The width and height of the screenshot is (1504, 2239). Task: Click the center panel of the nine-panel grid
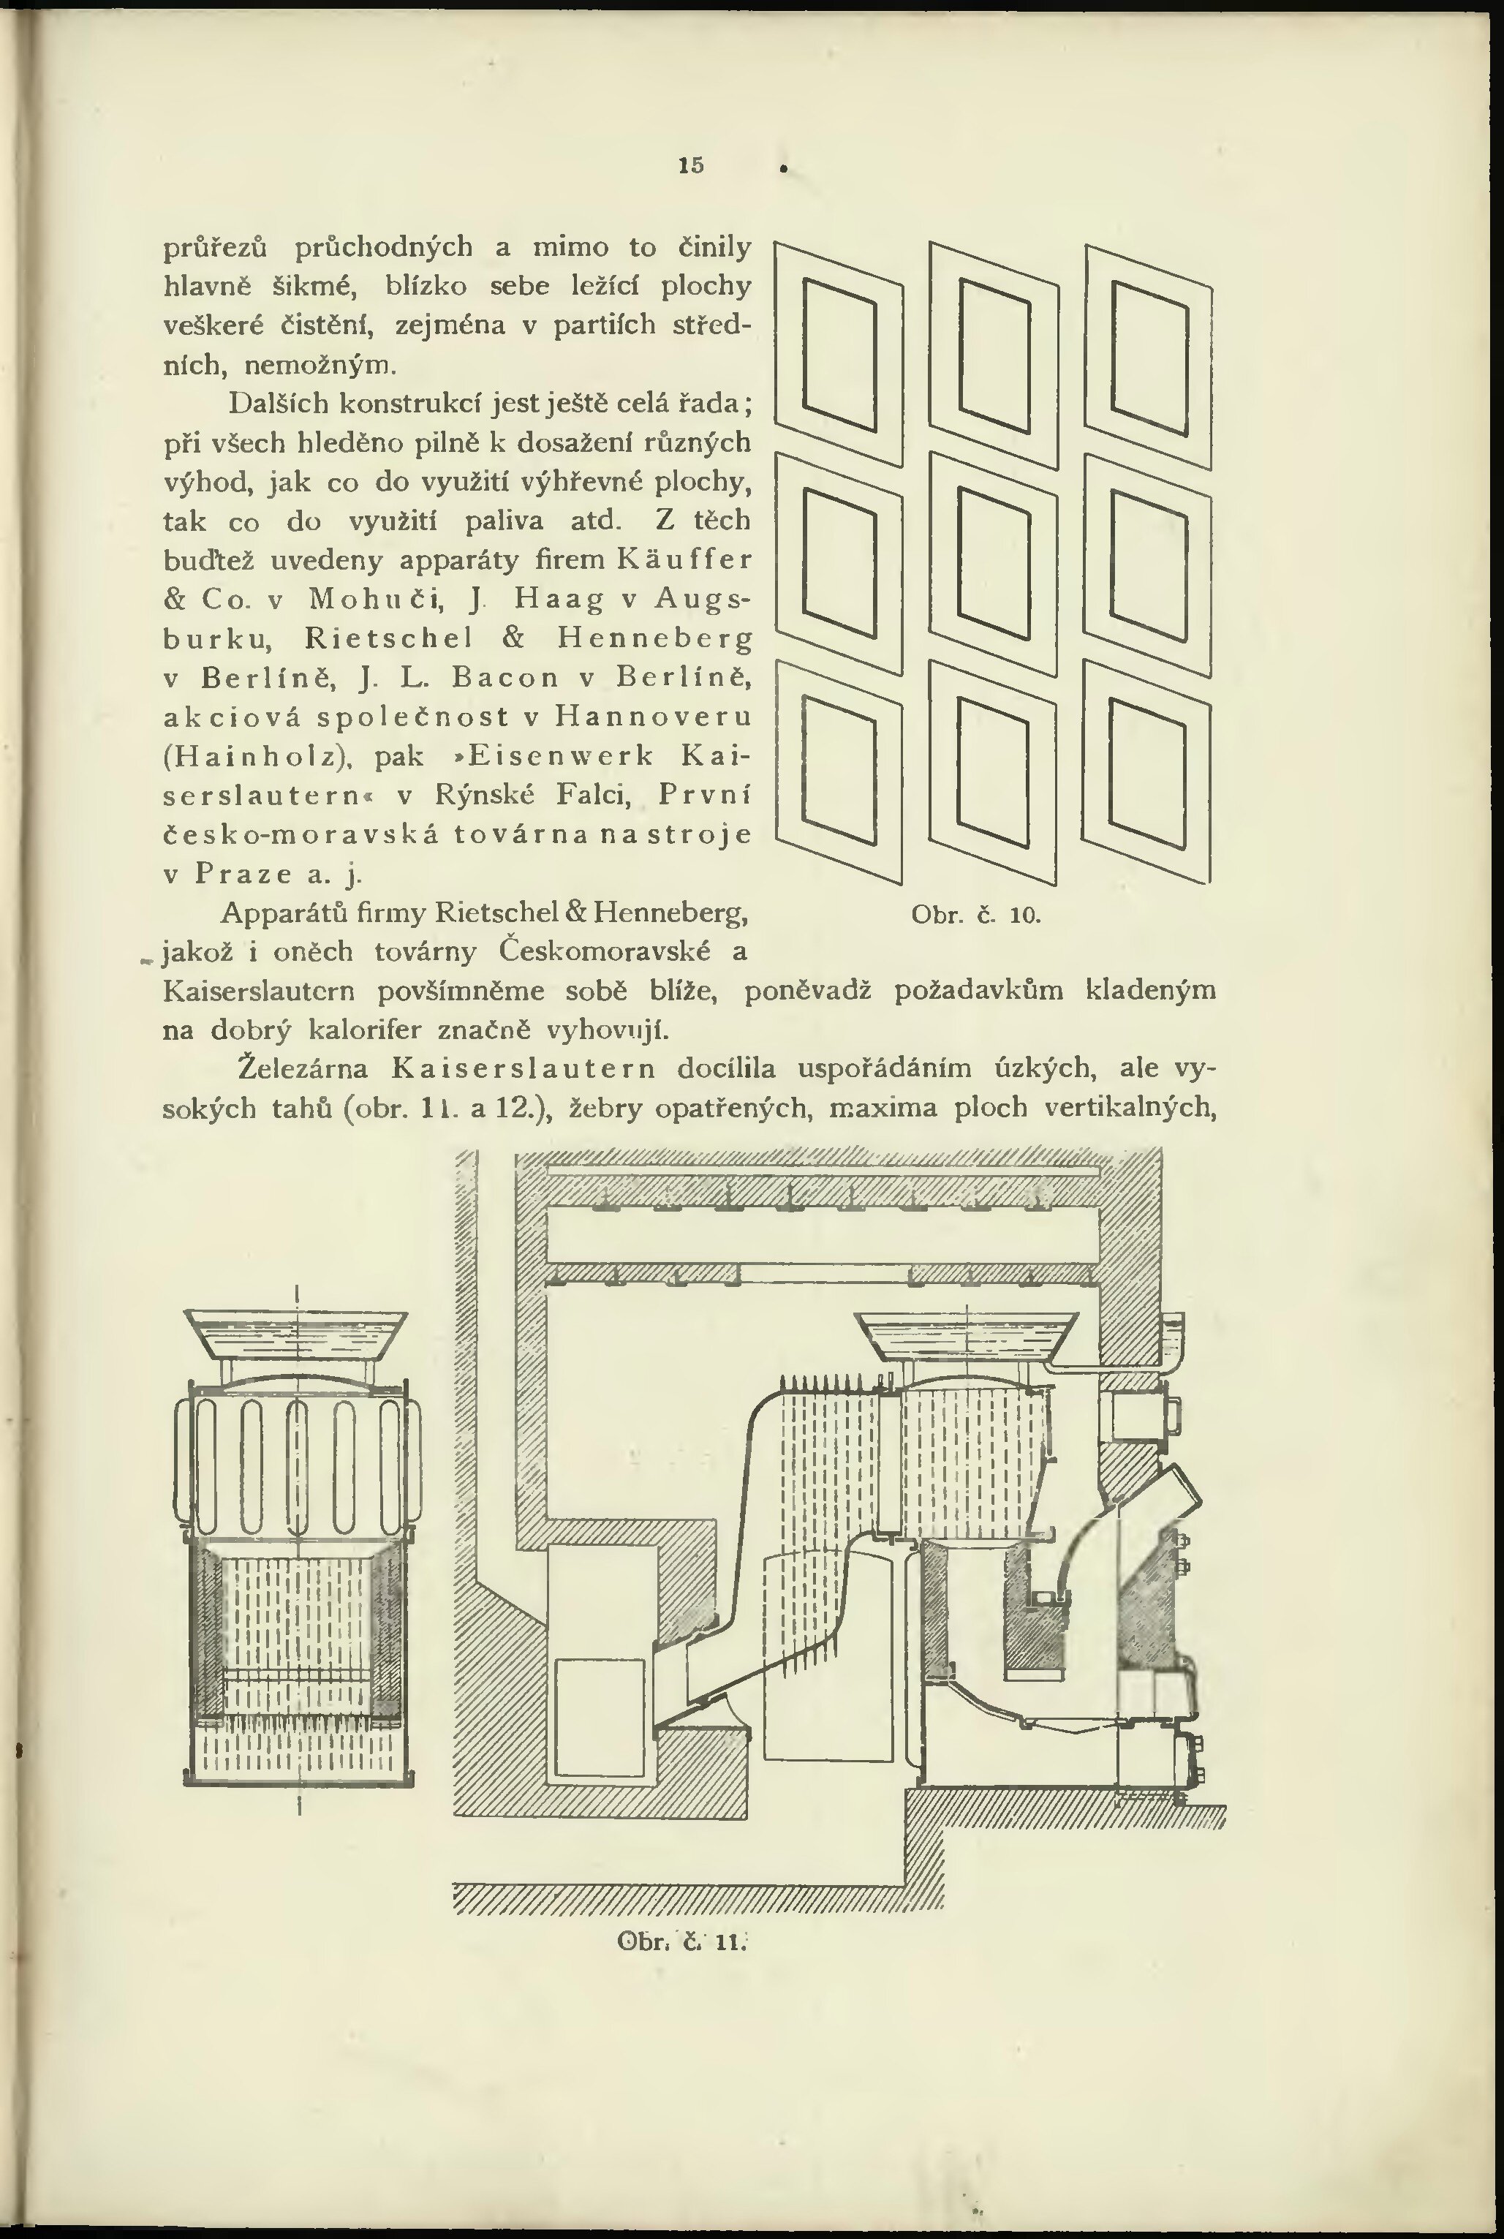tap(994, 564)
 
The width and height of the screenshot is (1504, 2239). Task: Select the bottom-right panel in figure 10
tap(1147, 772)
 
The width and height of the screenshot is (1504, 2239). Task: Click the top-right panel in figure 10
tap(1149, 354)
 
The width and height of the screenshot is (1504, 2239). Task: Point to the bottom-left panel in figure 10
tap(839, 772)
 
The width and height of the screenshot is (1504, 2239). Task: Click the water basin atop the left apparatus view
tap(296, 1335)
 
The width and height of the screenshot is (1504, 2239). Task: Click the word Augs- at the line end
tap(702, 600)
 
